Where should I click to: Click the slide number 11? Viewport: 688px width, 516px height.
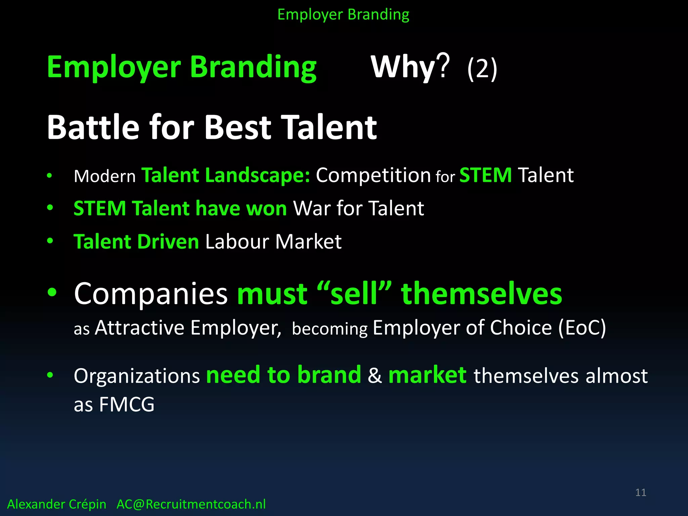pos(641,492)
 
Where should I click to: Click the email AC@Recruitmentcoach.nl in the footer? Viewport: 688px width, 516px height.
pos(191,504)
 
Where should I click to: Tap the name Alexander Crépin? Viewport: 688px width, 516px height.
pos(56,504)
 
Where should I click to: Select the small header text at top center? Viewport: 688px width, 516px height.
pos(343,15)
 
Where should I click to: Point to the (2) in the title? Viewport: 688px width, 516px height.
pos(482,69)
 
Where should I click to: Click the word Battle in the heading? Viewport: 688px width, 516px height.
pos(93,128)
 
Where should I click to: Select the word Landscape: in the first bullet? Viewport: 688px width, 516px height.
pos(258,175)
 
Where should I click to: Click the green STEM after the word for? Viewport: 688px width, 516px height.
pos(485,175)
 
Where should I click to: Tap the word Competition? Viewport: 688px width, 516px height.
pos(373,175)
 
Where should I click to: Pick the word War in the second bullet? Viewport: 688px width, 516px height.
pos(312,208)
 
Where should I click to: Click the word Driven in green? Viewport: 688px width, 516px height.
pos(168,242)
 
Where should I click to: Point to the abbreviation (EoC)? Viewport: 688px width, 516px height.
pos(582,328)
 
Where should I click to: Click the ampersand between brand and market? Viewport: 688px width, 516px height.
pos(375,376)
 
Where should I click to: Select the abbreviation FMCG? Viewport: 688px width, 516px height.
pos(127,404)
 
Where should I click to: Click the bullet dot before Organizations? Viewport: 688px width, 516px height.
pos(50,375)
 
